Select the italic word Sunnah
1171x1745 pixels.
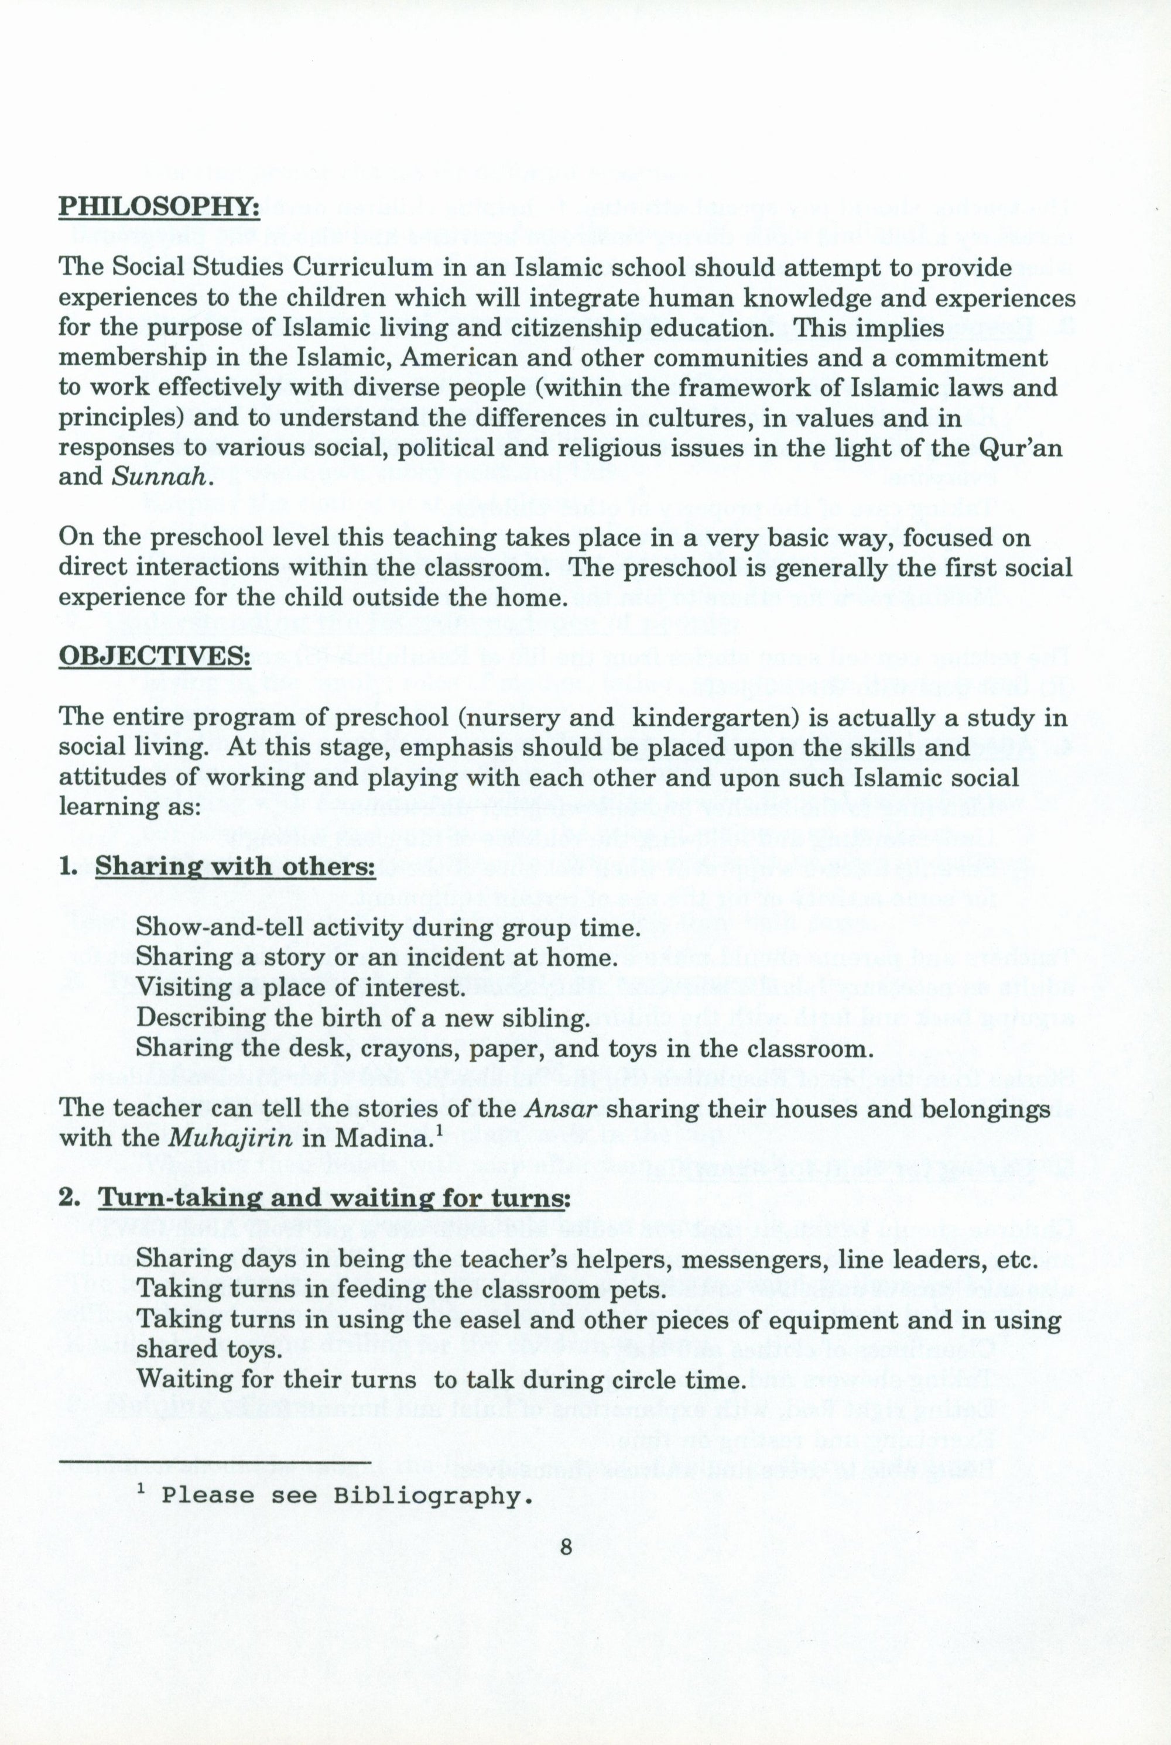click(x=157, y=477)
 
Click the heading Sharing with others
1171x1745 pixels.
click(x=235, y=867)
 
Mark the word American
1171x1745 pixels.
click(x=458, y=358)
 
